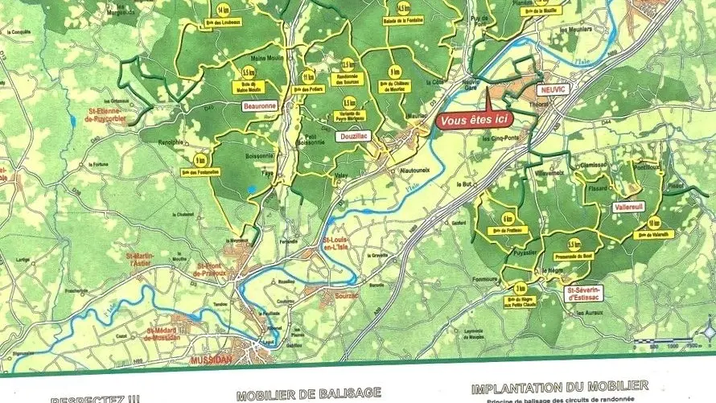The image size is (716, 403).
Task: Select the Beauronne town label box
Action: tap(259, 105)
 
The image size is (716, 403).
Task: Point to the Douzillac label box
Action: tap(352, 137)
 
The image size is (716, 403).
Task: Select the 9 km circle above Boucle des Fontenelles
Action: tap(199, 160)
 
